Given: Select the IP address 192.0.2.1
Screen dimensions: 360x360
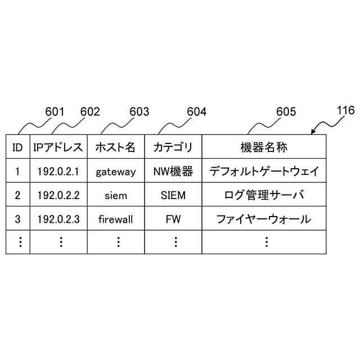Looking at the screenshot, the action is (x=58, y=172).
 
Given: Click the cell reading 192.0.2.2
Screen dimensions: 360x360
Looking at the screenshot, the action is (x=58, y=196).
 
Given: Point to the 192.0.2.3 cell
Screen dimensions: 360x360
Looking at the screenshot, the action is (x=58, y=219).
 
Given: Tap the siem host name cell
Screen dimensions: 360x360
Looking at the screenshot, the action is (x=115, y=196).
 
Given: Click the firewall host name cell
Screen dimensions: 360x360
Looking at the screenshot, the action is (x=115, y=219).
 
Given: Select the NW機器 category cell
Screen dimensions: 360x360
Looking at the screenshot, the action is (x=173, y=172).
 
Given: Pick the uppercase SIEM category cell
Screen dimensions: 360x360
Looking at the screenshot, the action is (x=173, y=196).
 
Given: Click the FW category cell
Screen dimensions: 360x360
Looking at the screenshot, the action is (x=173, y=219).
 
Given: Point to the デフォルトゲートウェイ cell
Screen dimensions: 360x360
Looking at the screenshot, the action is (x=264, y=172).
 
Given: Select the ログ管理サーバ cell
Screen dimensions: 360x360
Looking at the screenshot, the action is (x=264, y=196).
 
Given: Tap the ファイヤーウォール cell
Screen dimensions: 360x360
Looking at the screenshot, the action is (x=264, y=219).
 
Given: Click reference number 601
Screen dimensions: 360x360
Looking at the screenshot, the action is (x=55, y=111).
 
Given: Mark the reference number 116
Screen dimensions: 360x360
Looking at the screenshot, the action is (x=345, y=110).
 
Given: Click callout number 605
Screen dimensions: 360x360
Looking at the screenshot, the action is (x=286, y=111).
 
